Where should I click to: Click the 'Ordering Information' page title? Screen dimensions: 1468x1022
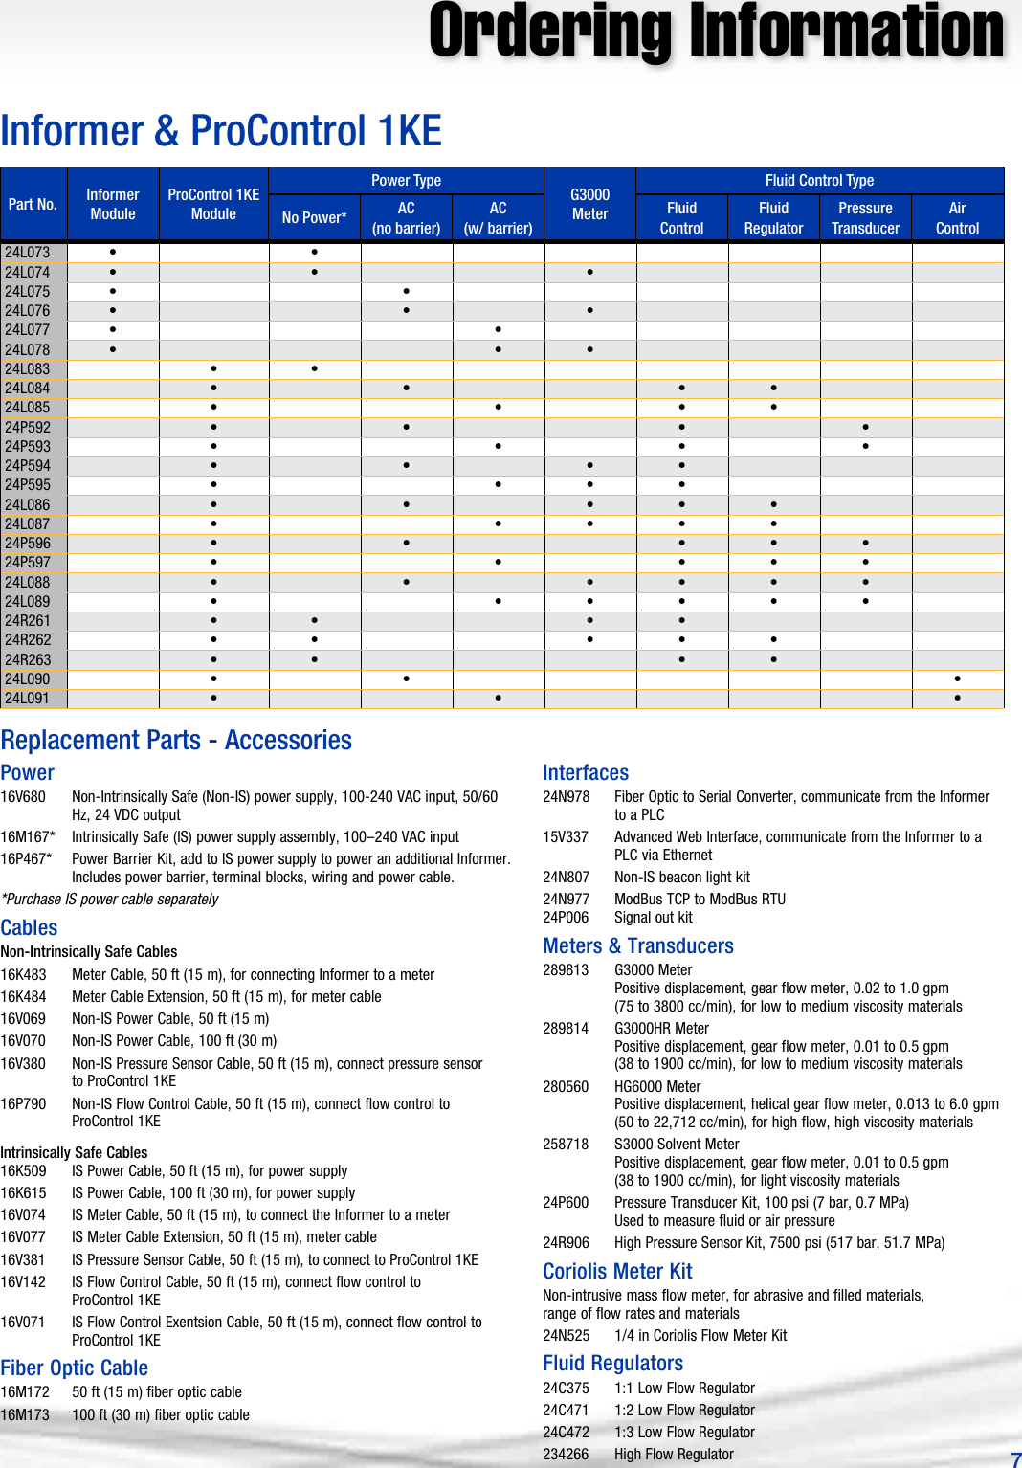click(x=716, y=33)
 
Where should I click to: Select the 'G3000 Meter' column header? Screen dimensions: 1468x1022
click(x=589, y=204)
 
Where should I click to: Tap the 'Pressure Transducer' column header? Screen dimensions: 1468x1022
click(x=865, y=218)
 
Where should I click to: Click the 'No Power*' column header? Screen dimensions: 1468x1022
click(x=314, y=218)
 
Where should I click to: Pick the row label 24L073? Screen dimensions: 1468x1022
click(x=28, y=253)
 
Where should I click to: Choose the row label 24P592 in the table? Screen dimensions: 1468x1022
click(x=28, y=428)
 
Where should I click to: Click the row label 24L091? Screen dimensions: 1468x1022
click(x=28, y=699)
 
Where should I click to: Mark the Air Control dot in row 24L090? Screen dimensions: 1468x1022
click(x=957, y=679)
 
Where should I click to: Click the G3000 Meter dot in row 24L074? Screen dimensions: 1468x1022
click(x=589, y=273)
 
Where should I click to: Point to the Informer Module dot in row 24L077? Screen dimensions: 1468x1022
click(x=113, y=330)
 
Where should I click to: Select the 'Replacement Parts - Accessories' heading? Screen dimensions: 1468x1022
click(x=176, y=740)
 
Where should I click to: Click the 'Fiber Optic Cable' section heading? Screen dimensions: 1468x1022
click(x=75, y=1368)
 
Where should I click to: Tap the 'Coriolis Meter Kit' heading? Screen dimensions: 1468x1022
click(x=617, y=1271)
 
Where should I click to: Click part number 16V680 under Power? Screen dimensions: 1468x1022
click(x=23, y=797)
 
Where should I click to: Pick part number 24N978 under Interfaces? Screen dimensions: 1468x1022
click(x=566, y=797)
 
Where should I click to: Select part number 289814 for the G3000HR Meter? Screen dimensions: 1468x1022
click(x=566, y=1029)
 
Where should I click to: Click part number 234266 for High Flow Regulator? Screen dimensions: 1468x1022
click(x=566, y=1455)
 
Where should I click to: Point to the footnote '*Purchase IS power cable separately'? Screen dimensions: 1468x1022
click(x=110, y=900)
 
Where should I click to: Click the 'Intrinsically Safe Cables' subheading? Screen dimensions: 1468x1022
click(x=74, y=1153)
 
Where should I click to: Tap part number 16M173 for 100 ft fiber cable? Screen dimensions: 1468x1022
click(x=25, y=1415)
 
